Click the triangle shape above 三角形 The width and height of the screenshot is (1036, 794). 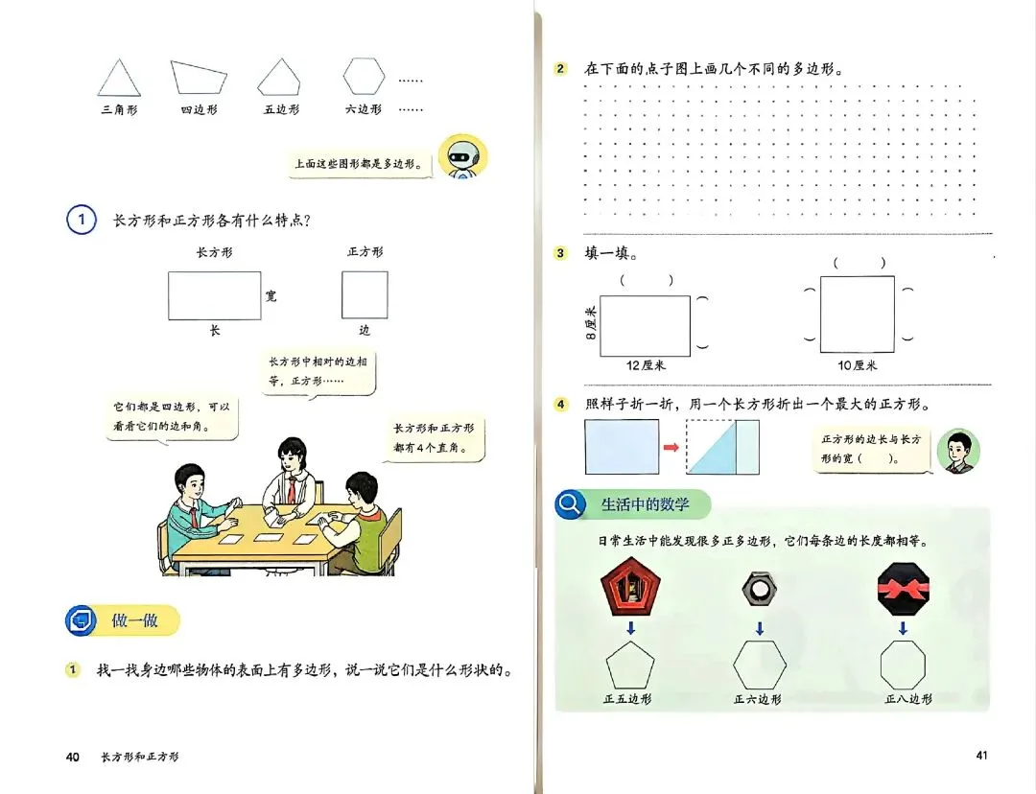coord(119,79)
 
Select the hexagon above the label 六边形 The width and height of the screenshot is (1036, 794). coord(364,76)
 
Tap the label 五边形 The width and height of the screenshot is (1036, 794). coord(281,110)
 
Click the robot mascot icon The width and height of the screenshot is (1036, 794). coord(462,157)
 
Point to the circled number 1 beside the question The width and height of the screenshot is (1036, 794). coord(82,221)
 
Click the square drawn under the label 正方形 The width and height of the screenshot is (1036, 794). coord(365,294)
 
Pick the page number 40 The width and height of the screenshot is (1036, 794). coord(73,758)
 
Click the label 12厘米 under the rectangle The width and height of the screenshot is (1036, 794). coord(646,365)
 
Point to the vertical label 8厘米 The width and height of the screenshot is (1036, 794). coord(591,322)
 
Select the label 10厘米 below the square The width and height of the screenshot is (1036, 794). coord(858,365)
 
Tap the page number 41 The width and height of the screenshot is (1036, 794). coord(981,756)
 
